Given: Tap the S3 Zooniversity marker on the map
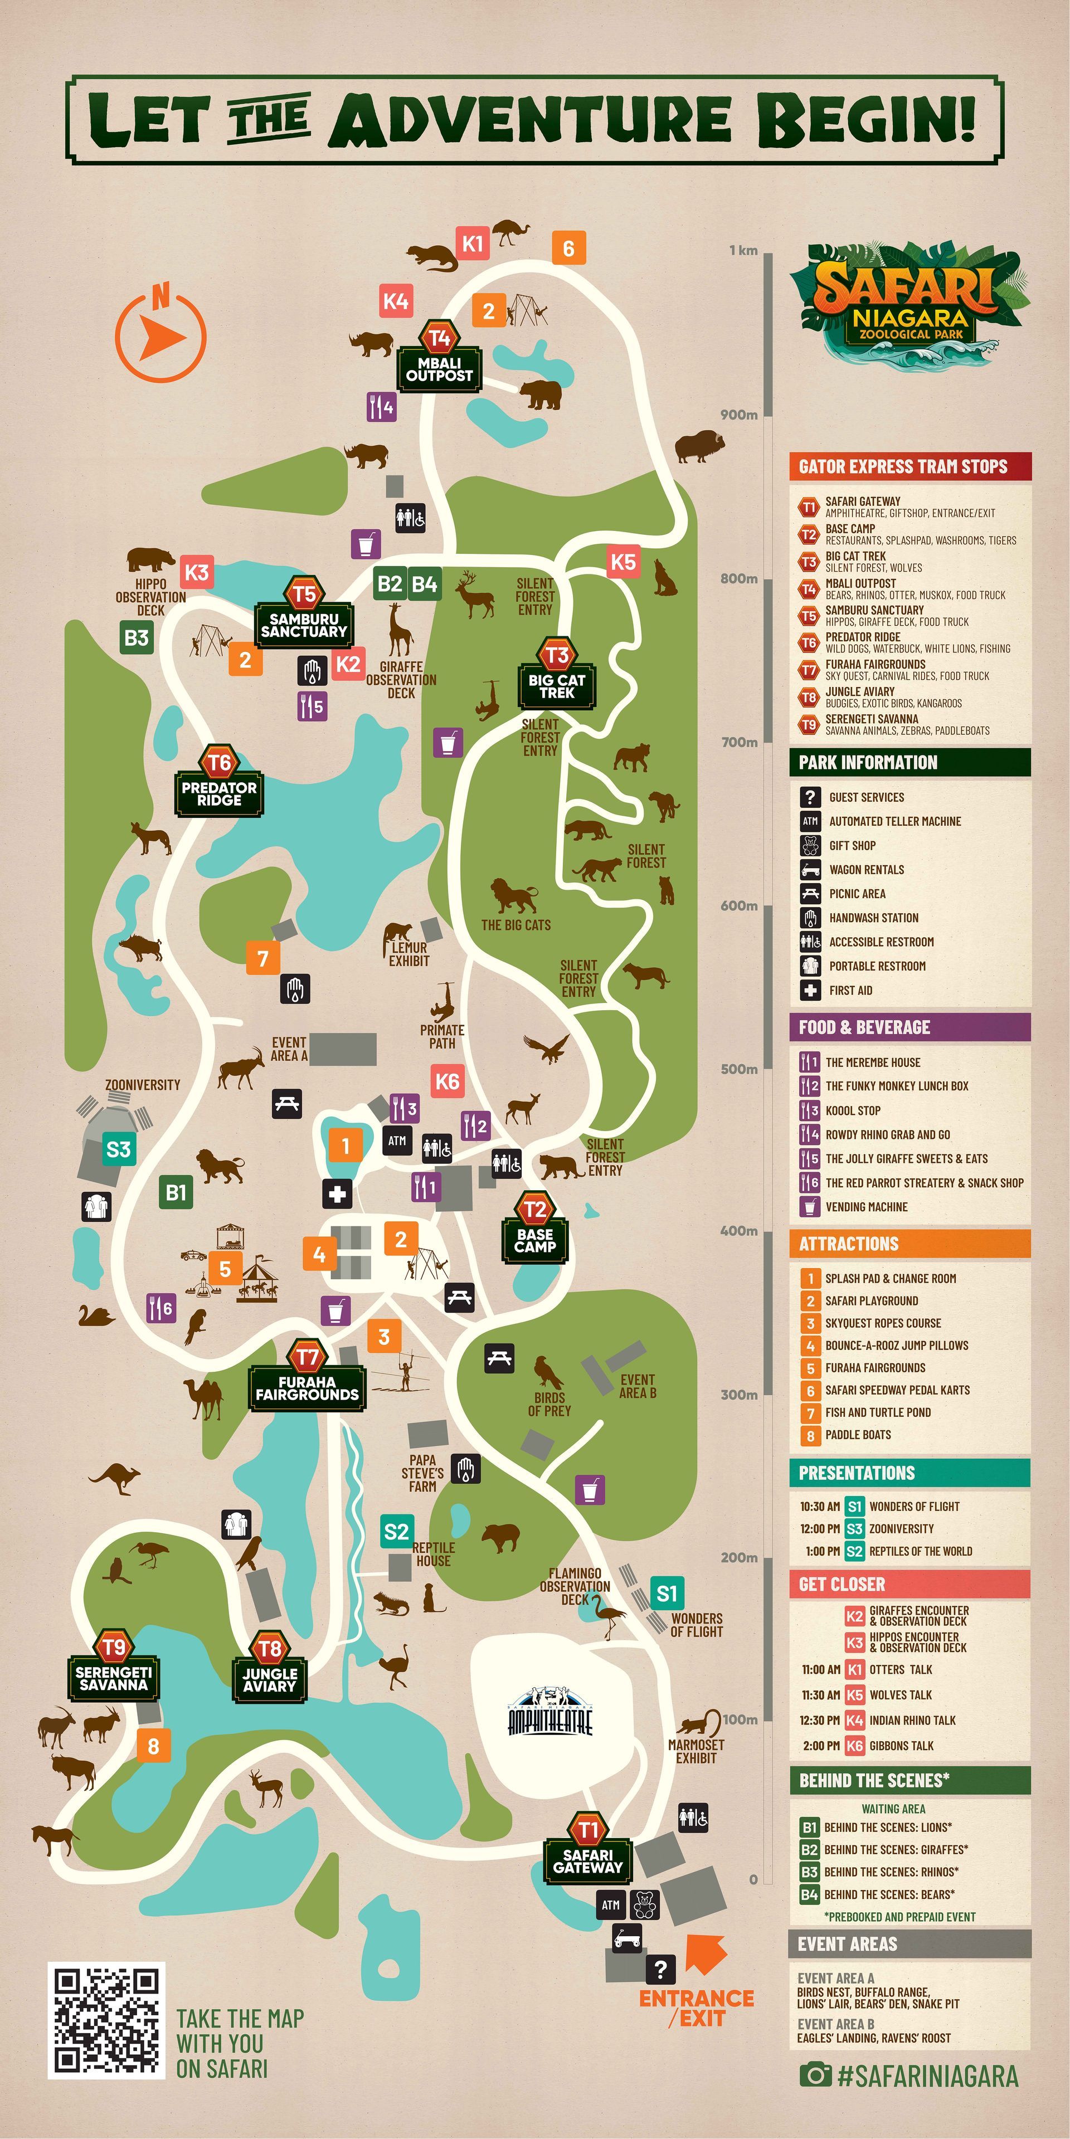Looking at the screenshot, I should click(118, 1149).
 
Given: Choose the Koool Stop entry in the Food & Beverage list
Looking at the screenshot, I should click(852, 1111).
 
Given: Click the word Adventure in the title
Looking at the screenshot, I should click(530, 120).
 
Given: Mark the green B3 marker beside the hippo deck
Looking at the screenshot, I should click(136, 638).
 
